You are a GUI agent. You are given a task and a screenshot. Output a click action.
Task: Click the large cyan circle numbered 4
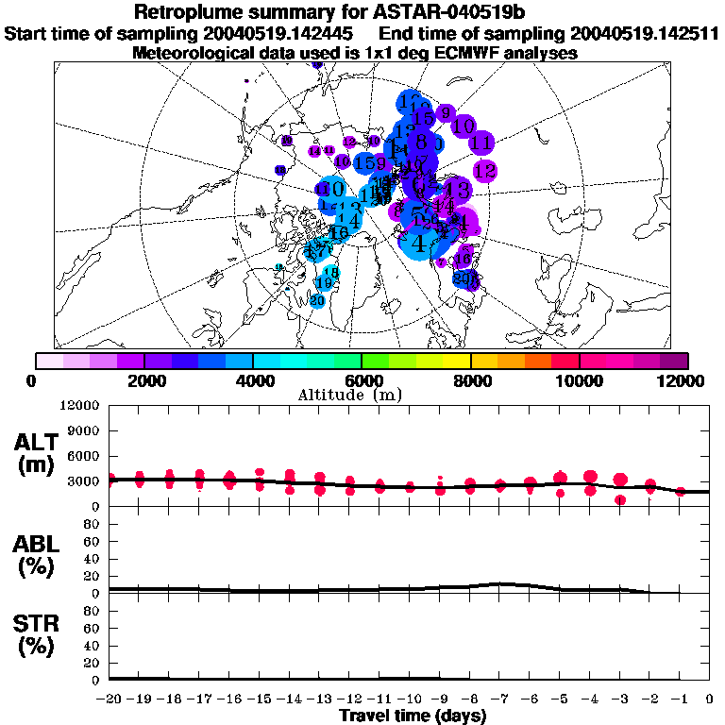pyautogui.click(x=418, y=242)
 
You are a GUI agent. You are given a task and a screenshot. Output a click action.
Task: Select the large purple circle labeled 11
pyautogui.click(x=481, y=143)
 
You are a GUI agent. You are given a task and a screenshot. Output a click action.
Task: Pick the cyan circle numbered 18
pyautogui.click(x=330, y=273)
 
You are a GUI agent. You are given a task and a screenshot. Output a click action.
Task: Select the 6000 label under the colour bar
pyautogui.click(x=362, y=380)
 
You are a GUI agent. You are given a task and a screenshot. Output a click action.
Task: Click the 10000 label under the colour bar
pyautogui.click(x=579, y=380)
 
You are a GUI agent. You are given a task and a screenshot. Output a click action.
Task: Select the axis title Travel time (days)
pyautogui.click(x=413, y=716)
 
